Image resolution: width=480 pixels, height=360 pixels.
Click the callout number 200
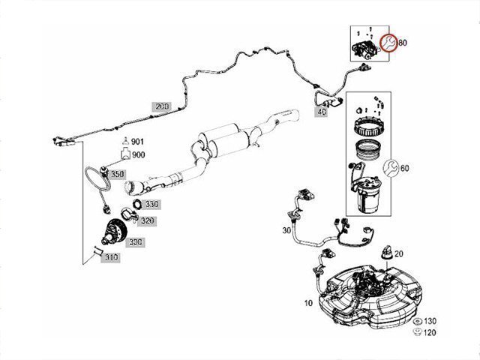tap(162, 107)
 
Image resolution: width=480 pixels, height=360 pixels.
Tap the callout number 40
tap(322, 112)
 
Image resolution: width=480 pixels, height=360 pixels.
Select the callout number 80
tap(402, 43)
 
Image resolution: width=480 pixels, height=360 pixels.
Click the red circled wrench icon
tap(388, 43)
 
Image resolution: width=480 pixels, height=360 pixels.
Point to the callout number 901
tap(138, 142)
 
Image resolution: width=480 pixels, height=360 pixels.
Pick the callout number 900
tap(138, 154)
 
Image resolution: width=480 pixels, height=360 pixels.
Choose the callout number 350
tap(116, 175)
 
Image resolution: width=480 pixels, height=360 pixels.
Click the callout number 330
tap(152, 204)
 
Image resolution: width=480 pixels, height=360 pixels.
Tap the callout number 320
tap(147, 220)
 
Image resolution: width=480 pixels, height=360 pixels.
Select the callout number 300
tap(135, 242)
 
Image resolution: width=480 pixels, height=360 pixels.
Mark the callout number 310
tap(111, 257)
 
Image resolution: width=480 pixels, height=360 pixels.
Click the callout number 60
tap(404, 168)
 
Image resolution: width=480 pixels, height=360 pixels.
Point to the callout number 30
tap(286, 230)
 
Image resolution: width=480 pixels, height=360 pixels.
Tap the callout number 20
tap(398, 253)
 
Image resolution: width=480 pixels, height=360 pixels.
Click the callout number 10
tap(308, 304)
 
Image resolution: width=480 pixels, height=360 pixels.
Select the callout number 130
tap(430, 320)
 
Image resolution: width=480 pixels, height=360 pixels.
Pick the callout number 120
tap(430, 331)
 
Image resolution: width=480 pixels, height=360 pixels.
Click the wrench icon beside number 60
tap(390, 167)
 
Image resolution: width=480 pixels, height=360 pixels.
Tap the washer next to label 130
tap(417, 320)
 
